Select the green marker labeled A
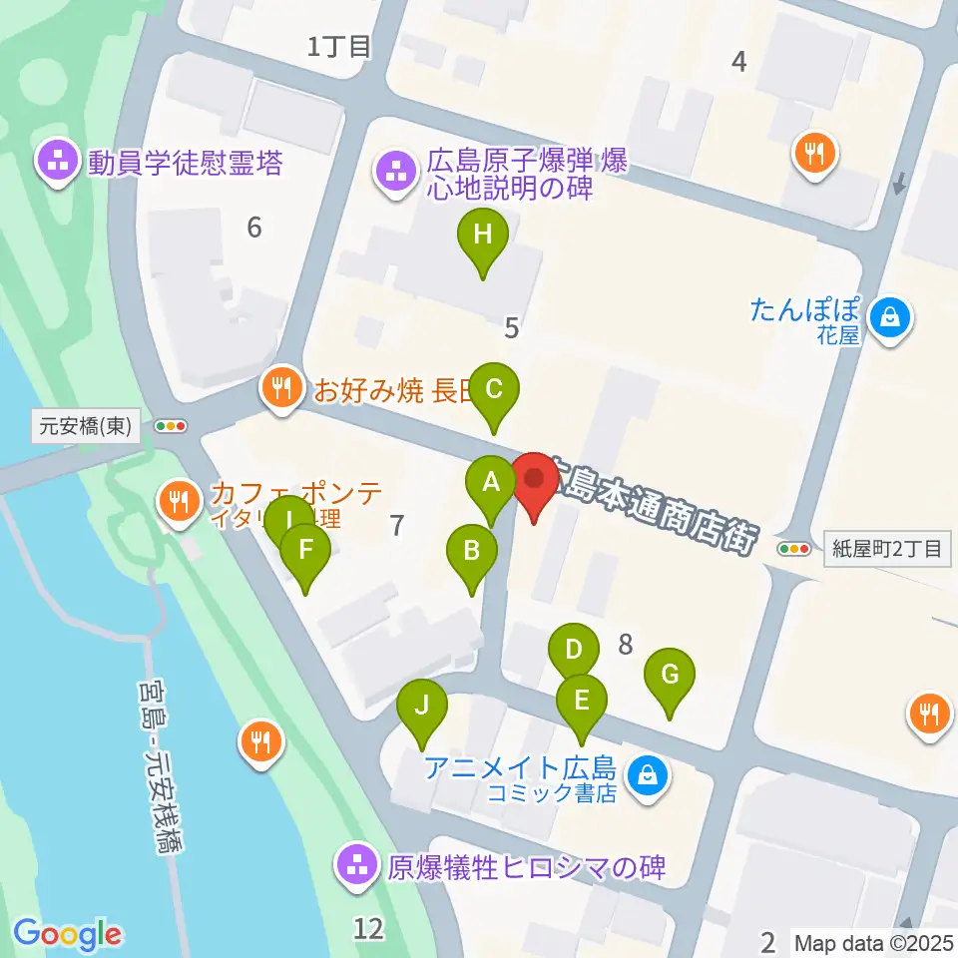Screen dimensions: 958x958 point(490,484)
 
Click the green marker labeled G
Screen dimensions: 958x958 point(670,676)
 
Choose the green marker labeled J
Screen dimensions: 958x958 point(422,707)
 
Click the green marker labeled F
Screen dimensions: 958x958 point(305,550)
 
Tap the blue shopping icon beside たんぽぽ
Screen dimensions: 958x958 point(885,319)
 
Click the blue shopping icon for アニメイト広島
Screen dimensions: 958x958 point(648,773)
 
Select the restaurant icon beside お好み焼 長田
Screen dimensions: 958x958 point(283,388)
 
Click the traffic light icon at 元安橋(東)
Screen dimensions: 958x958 point(171,426)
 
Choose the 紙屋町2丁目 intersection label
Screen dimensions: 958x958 point(887,548)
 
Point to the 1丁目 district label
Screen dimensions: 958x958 point(339,46)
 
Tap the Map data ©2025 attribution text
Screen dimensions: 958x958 point(874,941)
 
